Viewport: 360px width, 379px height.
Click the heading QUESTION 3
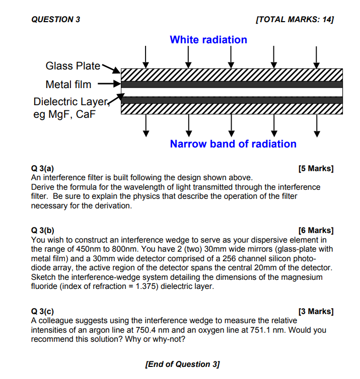pyautogui.click(x=55, y=20)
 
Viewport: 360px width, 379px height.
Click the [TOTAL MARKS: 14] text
pyautogui.click(x=295, y=20)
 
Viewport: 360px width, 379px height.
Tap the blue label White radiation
pyautogui.click(x=208, y=40)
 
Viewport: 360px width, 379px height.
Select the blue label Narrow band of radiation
pyautogui.click(x=233, y=144)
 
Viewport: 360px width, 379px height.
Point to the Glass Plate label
pyautogui.click(x=73, y=66)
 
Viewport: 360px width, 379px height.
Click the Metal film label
pyautogui.click(x=68, y=84)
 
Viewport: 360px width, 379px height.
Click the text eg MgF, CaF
pyautogui.click(x=64, y=114)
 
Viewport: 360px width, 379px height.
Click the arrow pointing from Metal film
pyautogui.click(x=109, y=84)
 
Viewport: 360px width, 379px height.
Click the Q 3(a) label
pyautogui.click(x=42, y=169)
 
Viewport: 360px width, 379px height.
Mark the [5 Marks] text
pyautogui.click(x=316, y=169)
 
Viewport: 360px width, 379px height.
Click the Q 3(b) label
pyautogui.click(x=42, y=231)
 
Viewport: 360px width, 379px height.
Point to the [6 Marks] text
pyautogui.click(x=316, y=231)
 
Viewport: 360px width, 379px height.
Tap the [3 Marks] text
pyautogui.click(x=316, y=312)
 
